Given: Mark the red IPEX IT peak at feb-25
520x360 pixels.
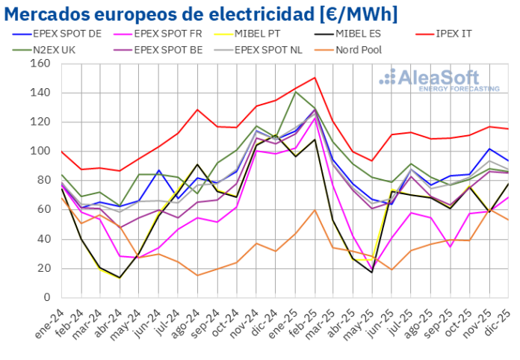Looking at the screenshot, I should [315, 78].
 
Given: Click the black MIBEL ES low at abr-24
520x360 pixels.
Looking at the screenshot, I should [120, 278].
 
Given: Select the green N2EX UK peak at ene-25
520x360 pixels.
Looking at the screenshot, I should [295, 92].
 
